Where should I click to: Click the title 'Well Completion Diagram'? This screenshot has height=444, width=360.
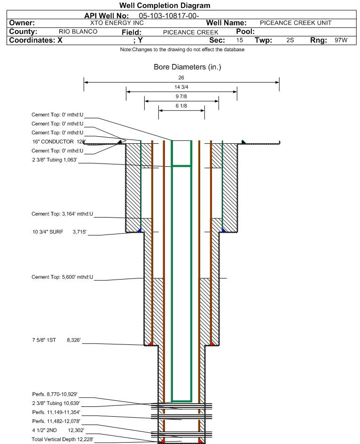coord(164,6)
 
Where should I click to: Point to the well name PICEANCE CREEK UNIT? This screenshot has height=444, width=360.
coord(296,23)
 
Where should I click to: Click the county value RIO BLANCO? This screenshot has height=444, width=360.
coord(78,32)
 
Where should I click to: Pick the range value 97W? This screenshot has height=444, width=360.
coord(341,40)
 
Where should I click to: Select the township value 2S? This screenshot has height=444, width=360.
coord(290,40)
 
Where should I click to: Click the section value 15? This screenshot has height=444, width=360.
coord(240,40)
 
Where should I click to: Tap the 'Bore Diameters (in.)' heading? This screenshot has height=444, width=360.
coord(187,67)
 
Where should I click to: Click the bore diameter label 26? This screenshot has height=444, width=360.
coord(181,78)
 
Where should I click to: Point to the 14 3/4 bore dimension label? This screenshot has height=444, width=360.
coord(181,87)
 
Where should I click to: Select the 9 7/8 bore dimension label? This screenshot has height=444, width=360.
coord(181,97)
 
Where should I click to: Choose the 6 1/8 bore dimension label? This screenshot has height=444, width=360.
coord(181,106)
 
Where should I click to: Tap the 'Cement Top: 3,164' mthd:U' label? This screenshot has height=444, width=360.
coord(63,214)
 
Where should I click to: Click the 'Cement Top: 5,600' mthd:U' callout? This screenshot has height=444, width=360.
coord(63,277)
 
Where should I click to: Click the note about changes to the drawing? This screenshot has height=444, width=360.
coord(182,50)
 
